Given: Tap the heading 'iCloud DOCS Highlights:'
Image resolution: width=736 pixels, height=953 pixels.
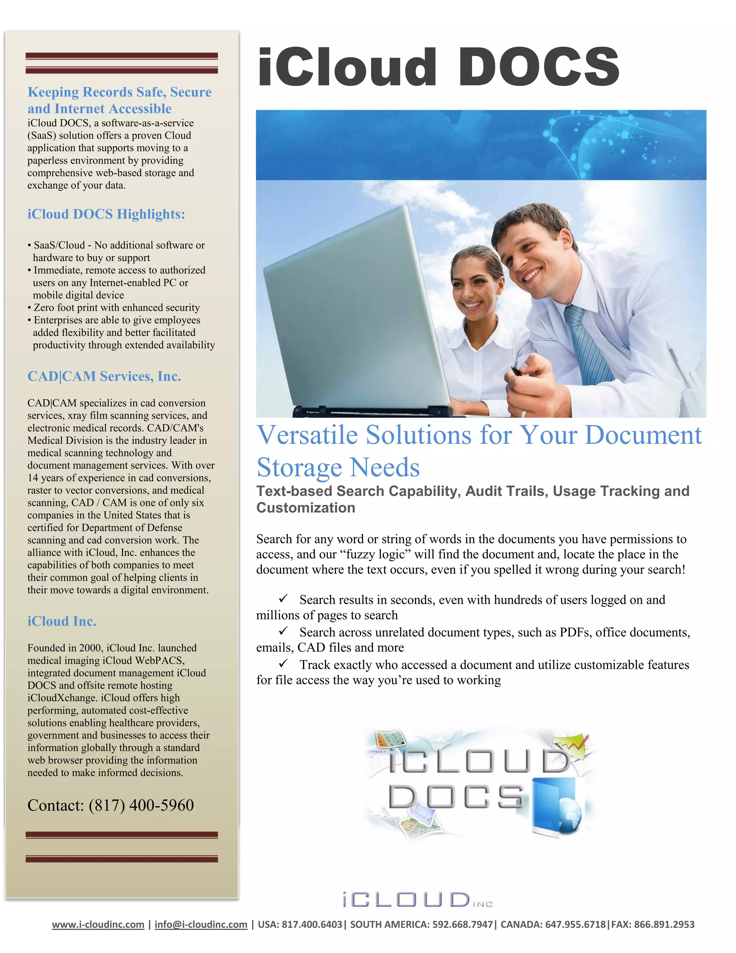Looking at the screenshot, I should [106, 214].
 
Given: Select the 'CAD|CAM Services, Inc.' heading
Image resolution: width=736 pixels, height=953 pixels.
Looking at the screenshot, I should [104, 376].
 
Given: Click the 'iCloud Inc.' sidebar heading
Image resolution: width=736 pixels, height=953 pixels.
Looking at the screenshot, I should [62, 621].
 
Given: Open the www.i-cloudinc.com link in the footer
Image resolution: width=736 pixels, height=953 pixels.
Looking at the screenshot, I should [98, 924].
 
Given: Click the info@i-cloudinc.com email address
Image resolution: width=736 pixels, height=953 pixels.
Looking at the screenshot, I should [201, 924].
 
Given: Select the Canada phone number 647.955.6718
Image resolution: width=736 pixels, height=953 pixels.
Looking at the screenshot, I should [576, 924].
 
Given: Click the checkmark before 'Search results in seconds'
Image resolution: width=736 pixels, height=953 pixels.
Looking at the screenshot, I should [284, 598].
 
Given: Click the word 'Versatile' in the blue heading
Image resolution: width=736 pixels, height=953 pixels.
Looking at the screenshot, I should [307, 436].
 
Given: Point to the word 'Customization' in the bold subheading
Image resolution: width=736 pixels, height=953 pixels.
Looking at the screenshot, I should [306, 508].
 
